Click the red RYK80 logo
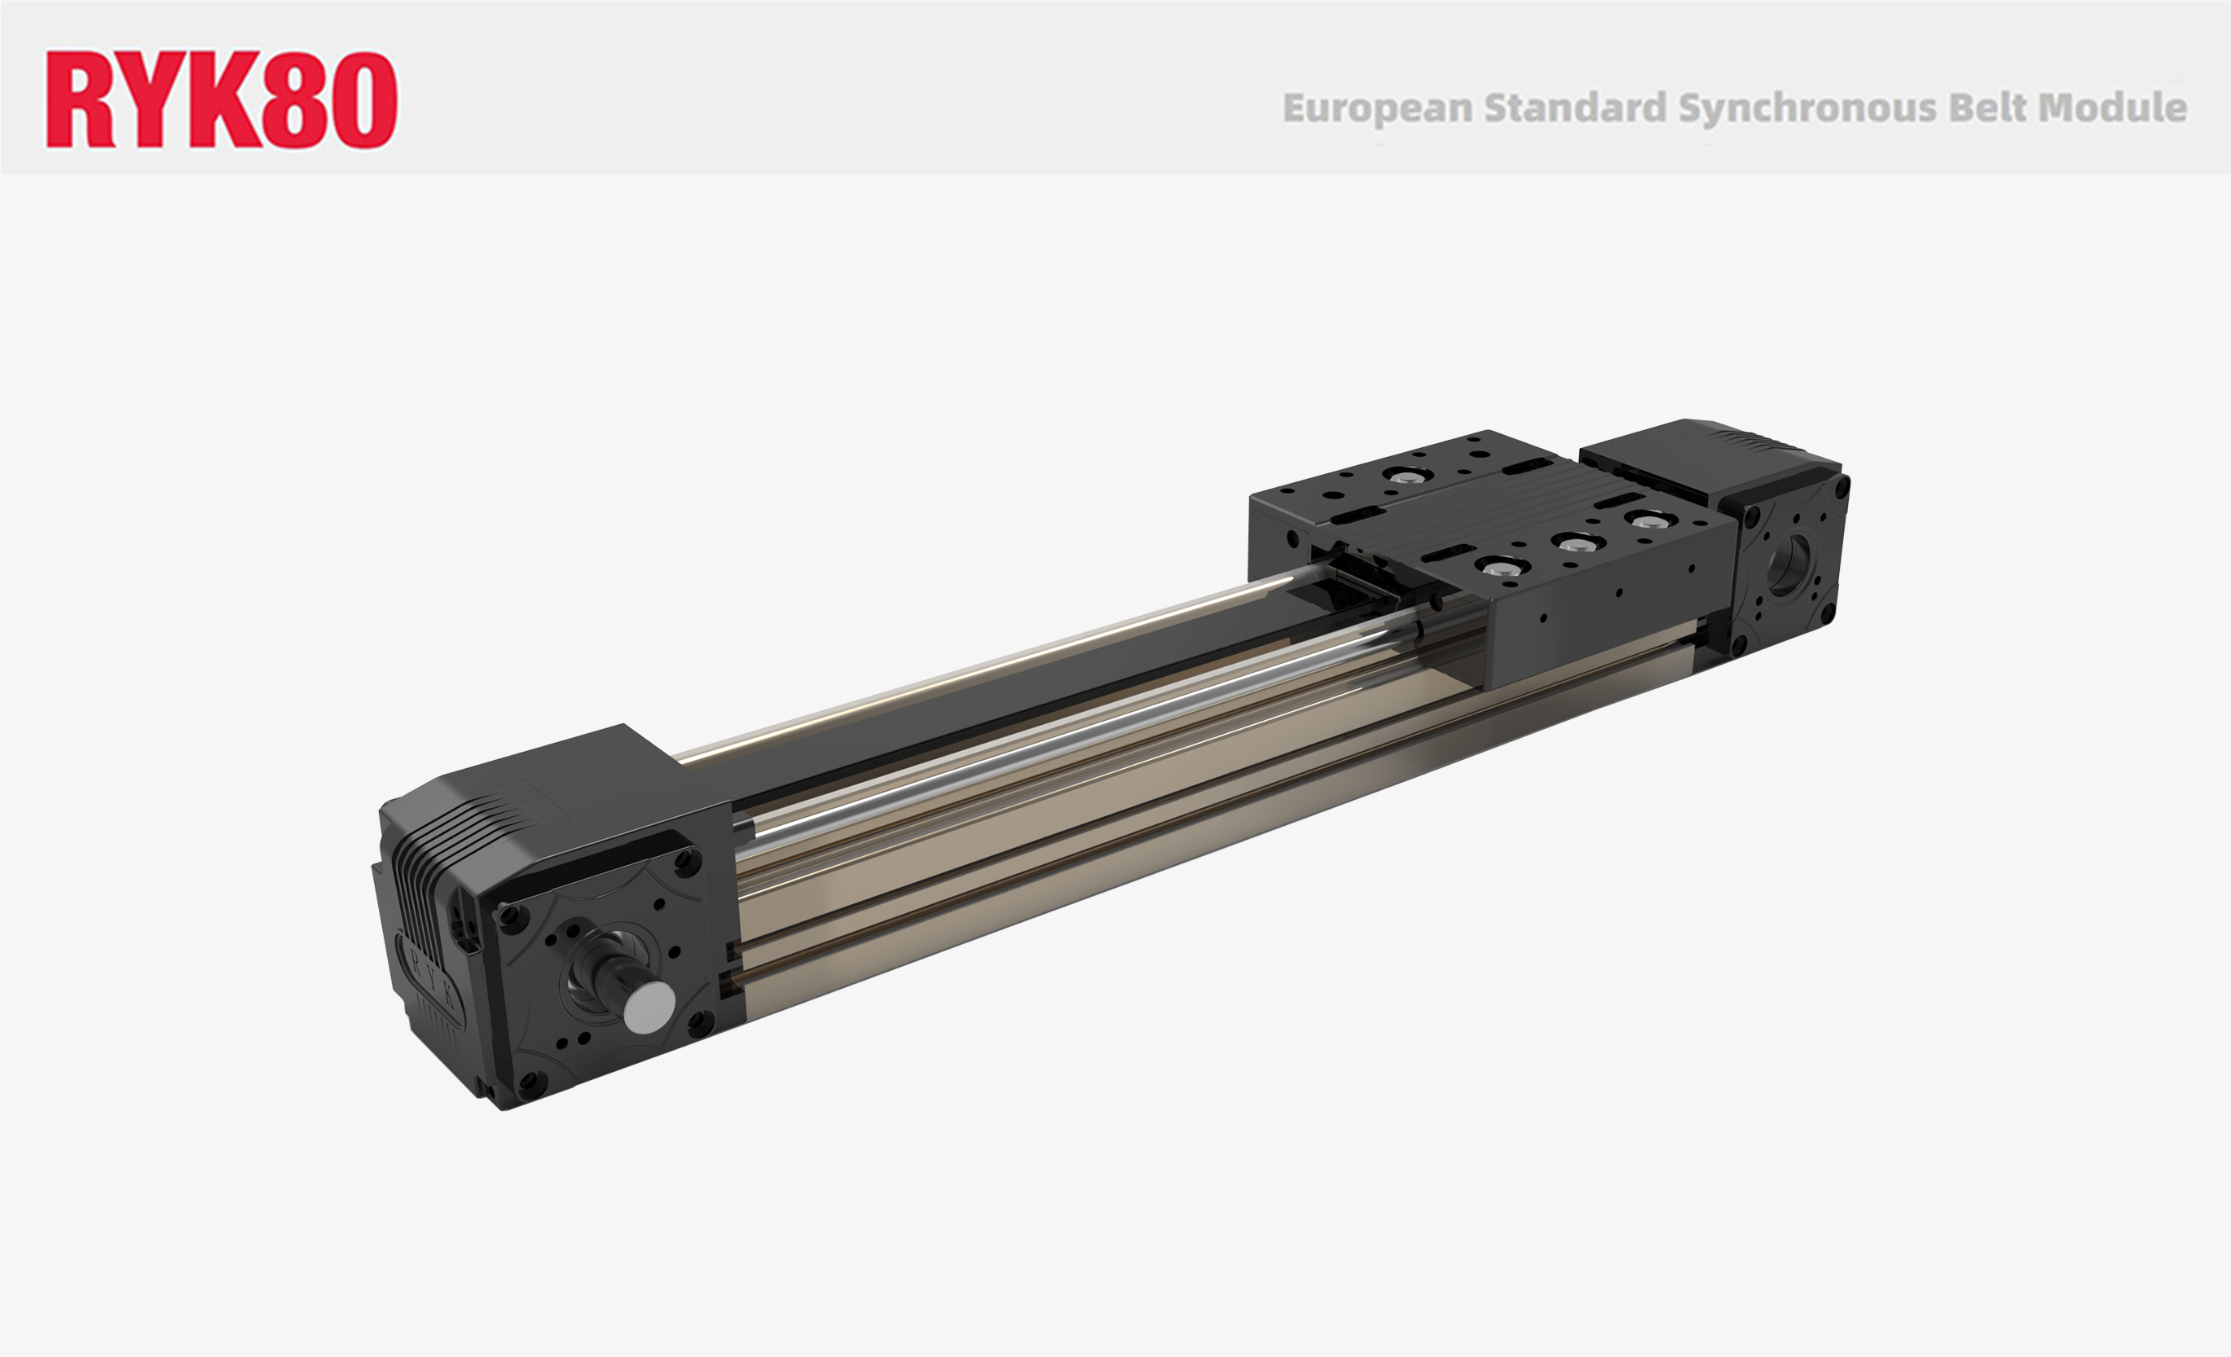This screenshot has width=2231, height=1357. tap(221, 99)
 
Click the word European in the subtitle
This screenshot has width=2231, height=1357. tap(1377, 108)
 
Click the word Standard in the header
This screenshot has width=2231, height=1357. tap(1574, 108)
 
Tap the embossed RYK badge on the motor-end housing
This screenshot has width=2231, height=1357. tap(433, 983)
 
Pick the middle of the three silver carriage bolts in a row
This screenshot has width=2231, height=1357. tap(1574, 544)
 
